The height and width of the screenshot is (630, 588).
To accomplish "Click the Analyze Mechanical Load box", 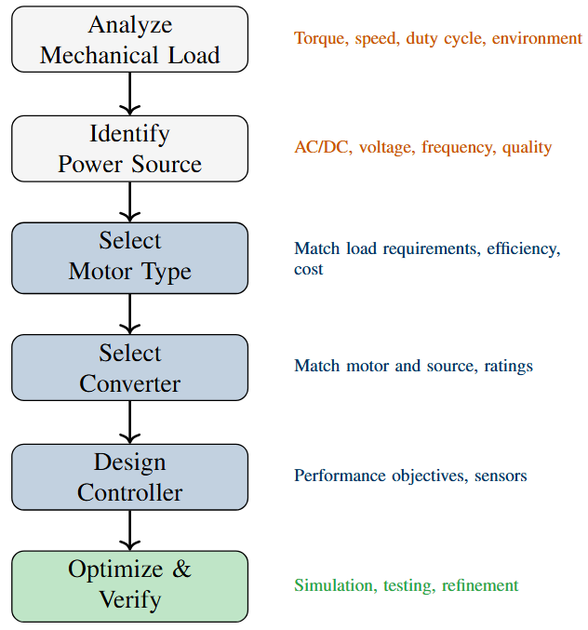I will click(130, 39).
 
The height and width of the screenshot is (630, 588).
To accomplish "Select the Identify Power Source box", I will click(130, 148).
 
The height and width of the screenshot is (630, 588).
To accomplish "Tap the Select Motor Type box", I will click(130, 256).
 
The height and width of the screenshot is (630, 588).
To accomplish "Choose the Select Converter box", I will click(130, 368).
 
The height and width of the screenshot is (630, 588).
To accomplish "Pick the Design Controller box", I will click(130, 476).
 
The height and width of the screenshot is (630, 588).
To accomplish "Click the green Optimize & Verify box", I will click(130, 585).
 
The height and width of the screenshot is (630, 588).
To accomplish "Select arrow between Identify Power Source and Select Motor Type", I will click(130, 201).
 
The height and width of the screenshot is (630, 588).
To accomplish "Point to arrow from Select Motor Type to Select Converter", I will click(130, 312).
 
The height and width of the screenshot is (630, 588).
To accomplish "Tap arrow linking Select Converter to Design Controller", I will click(130, 422).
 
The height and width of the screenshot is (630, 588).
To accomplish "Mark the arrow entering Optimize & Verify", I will click(130, 530).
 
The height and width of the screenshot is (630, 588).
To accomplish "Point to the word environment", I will click(537, 39).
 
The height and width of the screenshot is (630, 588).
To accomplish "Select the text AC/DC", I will click(322, 148).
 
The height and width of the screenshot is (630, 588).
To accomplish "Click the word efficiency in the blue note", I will click(523, 249).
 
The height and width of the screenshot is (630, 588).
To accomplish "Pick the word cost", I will click(309, 269).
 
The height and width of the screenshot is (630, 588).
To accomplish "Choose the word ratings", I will click(508, 366).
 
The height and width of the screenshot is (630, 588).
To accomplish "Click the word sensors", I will click(501, 476).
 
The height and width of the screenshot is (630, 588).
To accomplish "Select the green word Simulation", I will click(333, 585).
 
